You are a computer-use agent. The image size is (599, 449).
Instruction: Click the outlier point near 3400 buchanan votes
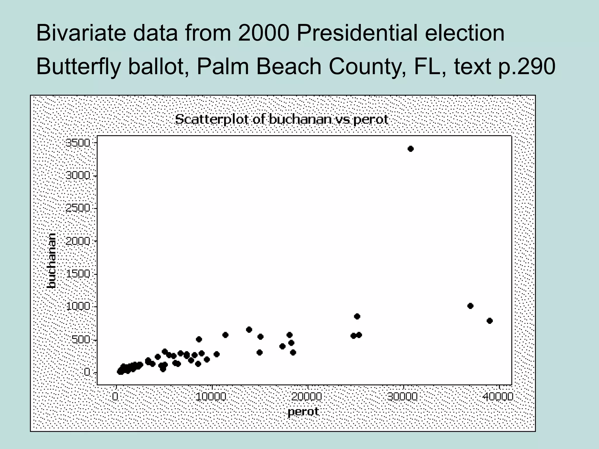pos(411,149)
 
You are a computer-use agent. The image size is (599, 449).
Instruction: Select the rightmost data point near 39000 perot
pos(490,321)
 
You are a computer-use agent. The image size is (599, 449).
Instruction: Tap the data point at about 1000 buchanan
pos(470,306)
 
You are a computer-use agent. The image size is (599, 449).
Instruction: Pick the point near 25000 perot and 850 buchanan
pos(357,316)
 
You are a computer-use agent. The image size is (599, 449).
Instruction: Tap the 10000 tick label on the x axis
pos(211,397)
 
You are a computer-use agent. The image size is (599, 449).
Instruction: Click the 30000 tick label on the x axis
pos(403,397)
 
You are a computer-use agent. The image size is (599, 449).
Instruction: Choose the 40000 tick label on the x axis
pos(498,397)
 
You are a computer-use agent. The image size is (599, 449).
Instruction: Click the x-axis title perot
pos(303,412)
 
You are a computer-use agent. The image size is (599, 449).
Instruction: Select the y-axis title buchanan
pos(51,261)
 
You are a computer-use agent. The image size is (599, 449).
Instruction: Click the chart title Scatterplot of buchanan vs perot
pos(281,119)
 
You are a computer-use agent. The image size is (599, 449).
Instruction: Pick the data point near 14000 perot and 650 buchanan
pos(249,330)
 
